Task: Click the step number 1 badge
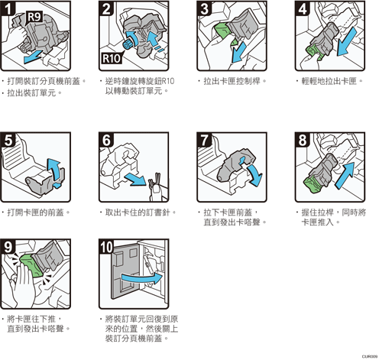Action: coord(8,8)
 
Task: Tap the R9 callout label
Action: coord(34,18)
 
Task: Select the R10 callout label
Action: coord(112,58)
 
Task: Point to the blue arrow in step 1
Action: coord(33,57)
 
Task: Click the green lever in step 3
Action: coord(222,31)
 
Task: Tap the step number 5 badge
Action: coord(8,140)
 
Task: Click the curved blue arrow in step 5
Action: coord(54,170)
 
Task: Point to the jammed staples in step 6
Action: coord(155,180)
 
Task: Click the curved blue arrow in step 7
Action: coord(254,174)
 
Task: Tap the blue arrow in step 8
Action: coord(345,175)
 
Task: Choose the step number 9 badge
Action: coord(8,247)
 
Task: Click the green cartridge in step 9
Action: coord(31,264)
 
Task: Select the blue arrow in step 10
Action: coord(142,279)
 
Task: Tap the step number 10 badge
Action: coord(106,247)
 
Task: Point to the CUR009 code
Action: coord(370,357)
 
